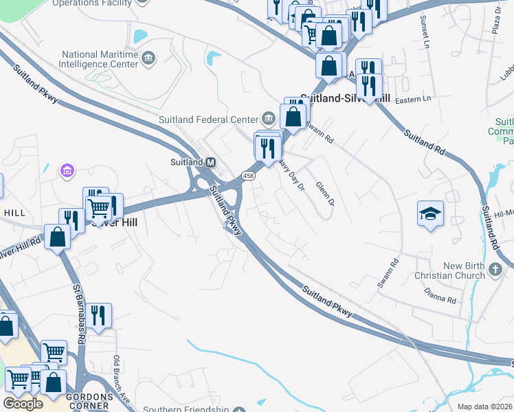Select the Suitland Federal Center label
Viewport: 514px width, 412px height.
pos(208,119)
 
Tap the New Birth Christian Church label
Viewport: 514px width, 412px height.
pos(454,271)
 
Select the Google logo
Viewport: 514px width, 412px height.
pos(23,404)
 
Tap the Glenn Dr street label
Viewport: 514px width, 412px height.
pos(324,194)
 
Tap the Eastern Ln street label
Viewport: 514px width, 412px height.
pos(413,100)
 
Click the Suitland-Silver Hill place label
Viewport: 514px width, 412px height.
pos(345,99)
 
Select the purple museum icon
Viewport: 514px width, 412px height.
pos(67,169)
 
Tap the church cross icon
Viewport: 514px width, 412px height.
pos(497,271)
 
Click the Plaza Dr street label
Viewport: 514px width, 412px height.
pos(497,22)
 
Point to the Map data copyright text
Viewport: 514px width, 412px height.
pos(484,407)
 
